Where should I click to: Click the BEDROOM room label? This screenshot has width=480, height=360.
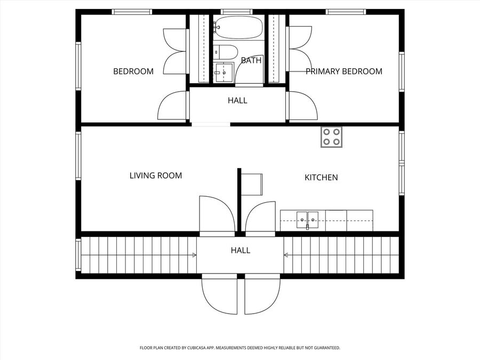[x=133, y=71]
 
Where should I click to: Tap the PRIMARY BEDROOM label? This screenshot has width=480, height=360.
[x=344, y=71]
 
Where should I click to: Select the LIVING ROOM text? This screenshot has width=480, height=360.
[x=156, y=175]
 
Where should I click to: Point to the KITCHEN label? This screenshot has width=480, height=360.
[x=321, y=177]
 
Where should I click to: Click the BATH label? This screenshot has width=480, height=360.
[x=251, y=60]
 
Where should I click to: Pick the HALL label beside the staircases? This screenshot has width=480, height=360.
[x=241, y=251]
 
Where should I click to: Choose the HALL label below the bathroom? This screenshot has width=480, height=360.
[x=237, y=100]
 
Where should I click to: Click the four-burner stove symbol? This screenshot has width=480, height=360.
[x=332, y=137]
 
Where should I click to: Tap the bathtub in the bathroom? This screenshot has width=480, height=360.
[x=238, y=28]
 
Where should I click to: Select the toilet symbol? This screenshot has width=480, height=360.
[x=226, y=52]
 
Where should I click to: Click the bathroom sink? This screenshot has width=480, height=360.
[x=224, y=73]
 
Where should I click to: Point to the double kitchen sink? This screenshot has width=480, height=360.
[x=307, y=220]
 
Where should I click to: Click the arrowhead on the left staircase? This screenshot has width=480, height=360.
[x=194, y=255]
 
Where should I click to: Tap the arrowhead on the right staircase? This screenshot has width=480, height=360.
[x=286, y=255]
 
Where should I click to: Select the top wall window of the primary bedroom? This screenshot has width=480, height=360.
[x=346, y=12]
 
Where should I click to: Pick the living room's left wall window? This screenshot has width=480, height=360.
[x=78, y=156]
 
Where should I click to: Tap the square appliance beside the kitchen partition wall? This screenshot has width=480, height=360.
[x=252, y=185]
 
